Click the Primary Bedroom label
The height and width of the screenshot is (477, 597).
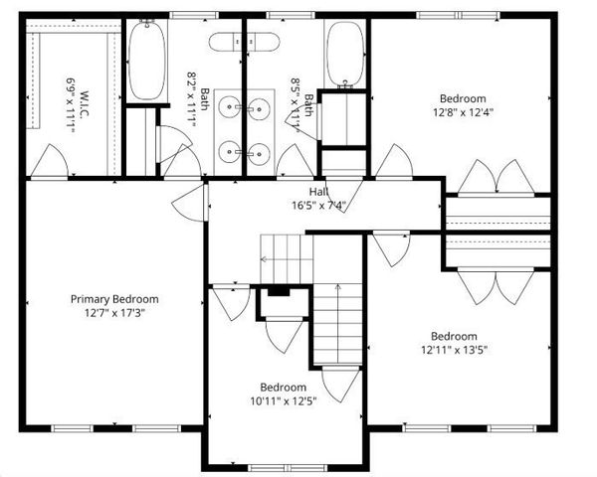coord(113,298)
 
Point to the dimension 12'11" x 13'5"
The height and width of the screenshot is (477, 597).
coord(453,349)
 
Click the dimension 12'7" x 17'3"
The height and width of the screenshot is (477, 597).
coord(113,312)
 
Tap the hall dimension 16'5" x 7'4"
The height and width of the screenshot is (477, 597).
coord(318,207)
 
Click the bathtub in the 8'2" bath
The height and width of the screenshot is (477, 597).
coord(147,62)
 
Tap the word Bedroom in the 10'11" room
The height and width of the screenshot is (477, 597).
coord(283,387)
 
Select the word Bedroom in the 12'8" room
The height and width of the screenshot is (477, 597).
coord(464,97)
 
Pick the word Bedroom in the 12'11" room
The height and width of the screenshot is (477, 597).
coord(453,336)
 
